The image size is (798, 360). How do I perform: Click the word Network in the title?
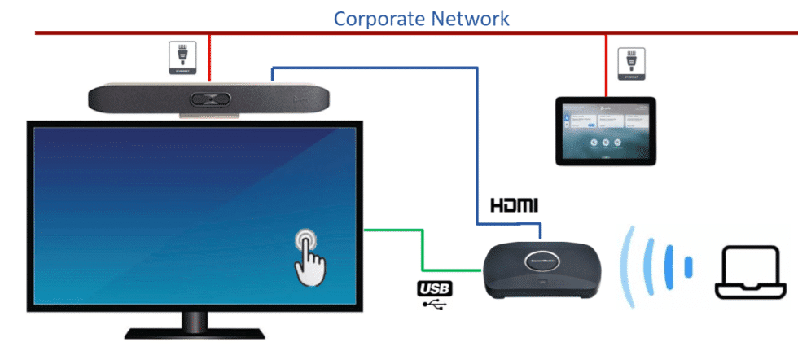point(470,17)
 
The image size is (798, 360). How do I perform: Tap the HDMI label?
point(514,204)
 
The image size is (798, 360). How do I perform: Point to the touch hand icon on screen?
point(309,256)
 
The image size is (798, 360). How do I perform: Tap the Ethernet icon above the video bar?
point(181,59)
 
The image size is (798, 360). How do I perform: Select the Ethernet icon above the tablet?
point(629,64)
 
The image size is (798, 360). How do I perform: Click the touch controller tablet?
point(605,131)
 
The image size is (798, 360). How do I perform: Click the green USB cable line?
point(422,249)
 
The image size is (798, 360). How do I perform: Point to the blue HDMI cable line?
point(476,147)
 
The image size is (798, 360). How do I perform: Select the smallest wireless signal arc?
point(688,266)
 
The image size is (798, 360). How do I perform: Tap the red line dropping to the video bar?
point(210,57)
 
